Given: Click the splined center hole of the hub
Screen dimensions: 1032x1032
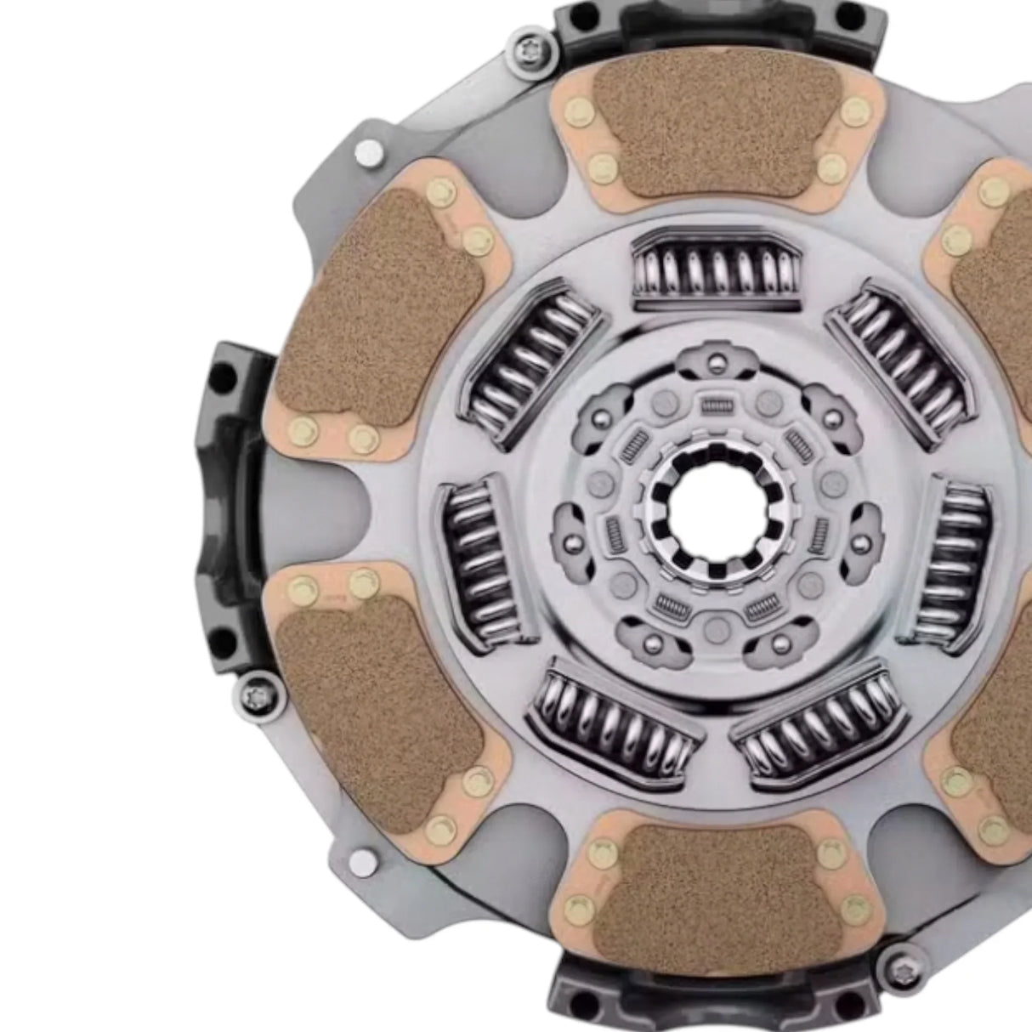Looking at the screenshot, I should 717,510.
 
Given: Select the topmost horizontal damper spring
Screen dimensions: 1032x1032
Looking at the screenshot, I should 716,269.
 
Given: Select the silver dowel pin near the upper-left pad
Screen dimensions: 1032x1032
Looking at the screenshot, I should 368,153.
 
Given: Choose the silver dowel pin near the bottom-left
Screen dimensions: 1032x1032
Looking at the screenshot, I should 363,862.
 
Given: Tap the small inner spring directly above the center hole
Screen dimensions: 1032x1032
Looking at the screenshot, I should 717,406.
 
